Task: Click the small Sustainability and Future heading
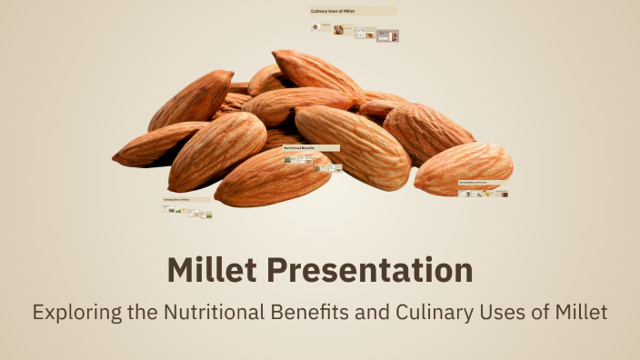click(482, 183)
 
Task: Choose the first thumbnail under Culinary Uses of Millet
click(315, 28)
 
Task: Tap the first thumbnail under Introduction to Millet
click(166, 208)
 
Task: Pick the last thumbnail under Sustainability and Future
click(504, 194)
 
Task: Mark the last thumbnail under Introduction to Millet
click(207, 215)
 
